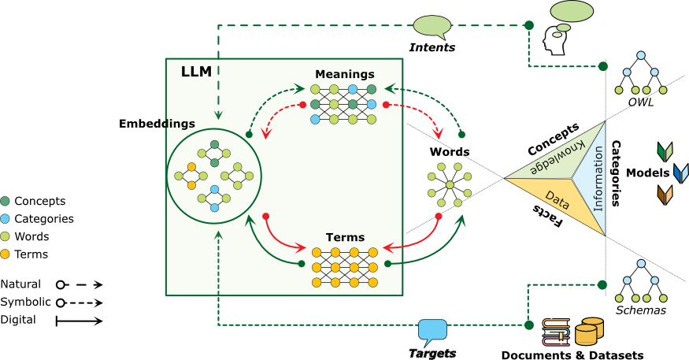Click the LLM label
(x=196, y=72)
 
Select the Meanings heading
(x=344, y=74)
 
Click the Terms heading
(x=345, y=237)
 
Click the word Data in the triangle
(x=557, y=201)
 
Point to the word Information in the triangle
(x=598, y=179)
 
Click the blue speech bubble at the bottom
(x=432, y=329)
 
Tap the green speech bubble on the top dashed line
(x=432, y=25)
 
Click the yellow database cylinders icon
(x=589, y=331)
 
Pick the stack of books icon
(x=556, y=332)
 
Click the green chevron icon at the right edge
(x=665, y=151)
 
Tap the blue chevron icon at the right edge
(x=680, y=173)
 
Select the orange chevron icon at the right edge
(x=665, y=195)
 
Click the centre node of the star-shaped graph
(x=450, y=185)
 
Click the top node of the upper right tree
(x=641, y=55)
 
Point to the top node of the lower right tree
(x=641, y=264)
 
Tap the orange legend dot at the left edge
(x=5, y=254)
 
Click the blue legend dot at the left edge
(x=5, y=218)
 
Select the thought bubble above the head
(x=572, y=11)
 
